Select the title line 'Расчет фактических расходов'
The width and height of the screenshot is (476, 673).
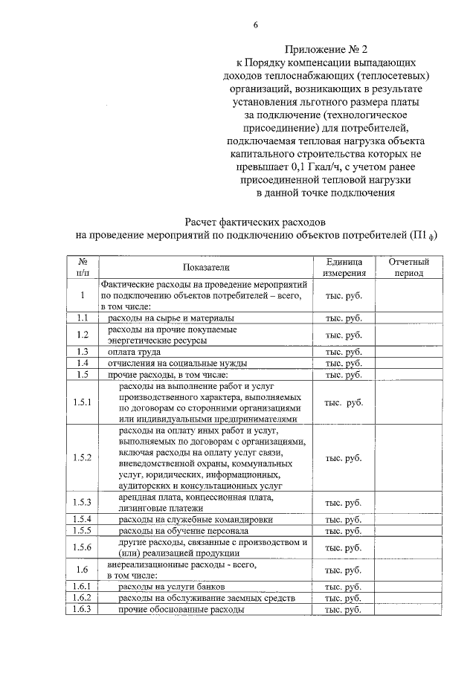click(x=255, y=222)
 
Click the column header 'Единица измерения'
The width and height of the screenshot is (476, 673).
click(x=344, y=268)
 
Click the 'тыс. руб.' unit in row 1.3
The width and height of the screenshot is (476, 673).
click(x=344, y=352)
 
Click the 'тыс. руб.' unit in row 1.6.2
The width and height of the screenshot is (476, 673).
click(x=344, y=599)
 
